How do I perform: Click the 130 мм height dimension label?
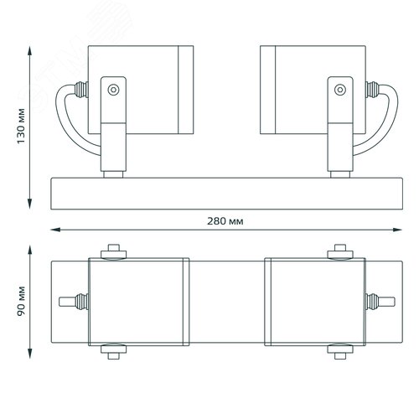pyautogui.click(x=21, y=126)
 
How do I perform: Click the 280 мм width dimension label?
pyautogui.click(x=225, y=221)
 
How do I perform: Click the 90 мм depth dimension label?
pyautogui.click(x=21, y=301)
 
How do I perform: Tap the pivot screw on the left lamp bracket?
pyautogui.click(x=113, y=90)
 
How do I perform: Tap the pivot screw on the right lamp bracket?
pyautogui.click(x=340, y=90)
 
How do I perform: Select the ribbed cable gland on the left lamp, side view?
pyautogui.click(x=81, y=90)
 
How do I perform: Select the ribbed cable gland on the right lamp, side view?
pyautogui.click(x=372, y=90)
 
